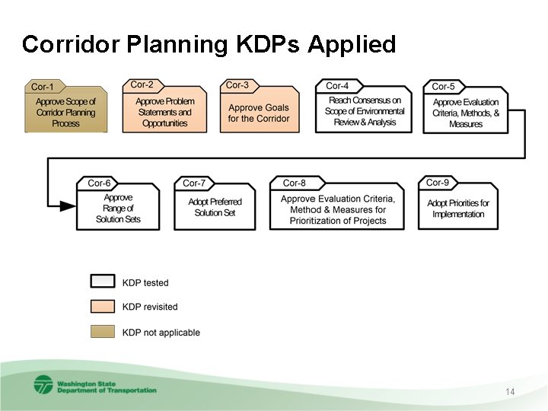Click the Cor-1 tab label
pyautogui.click(x=43, y=86)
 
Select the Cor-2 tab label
pyautogui.click(x=142, y=84)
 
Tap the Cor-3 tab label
pyautogui.click(x=237, y=84)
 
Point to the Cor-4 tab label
pyautogui.click(x=337, y=85)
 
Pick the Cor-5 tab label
pyautogui.click(x=443, y=87)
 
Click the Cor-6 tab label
pyautogui.click(x=99, y=183)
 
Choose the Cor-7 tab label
pyautogui.click(x=194, y=183)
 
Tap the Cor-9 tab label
pyautogui.click(x=438, y=183)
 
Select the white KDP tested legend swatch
pyautogui.click(x=103, y=282)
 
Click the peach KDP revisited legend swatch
pyautogui.click(x=103, y=307)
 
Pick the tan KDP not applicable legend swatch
pyautogui.click(x=103, y=332)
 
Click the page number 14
pyautogui.click(x=510, y=391)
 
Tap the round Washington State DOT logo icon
pyautogui.click(x=43, y=385)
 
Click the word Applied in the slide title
pyautogui.click(x=352, y=44)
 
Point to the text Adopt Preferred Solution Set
pyautogui.click(x=215, y=207)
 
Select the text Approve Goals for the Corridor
pyautogui.click(x=259, y=113)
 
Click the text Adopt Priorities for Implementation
pyautogui.click(x=458, y=209)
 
